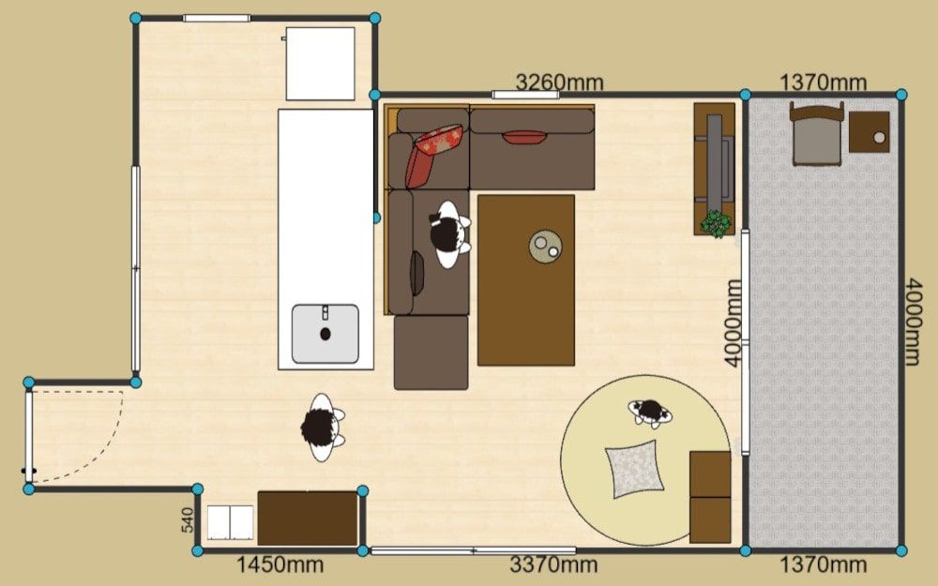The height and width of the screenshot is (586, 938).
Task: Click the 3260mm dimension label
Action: [x=559, y=82]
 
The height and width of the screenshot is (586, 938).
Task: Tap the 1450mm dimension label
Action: [x=280, y=563]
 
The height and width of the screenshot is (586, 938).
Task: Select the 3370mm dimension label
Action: [x=553, y=563]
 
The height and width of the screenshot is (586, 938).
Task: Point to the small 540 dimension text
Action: [x=188, y=519]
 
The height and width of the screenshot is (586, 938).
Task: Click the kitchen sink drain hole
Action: [x=325, y=334]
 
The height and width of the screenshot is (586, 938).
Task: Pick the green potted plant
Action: [x=716, y=224]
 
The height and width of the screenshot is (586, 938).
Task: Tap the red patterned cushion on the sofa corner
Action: [x=434, y=155]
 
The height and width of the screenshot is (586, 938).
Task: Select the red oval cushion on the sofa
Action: [x=524, y=138]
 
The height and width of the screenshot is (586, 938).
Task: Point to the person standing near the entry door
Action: [x=322, y=427]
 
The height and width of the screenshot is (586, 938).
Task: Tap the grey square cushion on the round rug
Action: [x=635, y=469]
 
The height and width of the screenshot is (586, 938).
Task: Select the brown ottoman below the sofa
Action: [x=431, y=353]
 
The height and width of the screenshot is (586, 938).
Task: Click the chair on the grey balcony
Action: [x=817, y=134]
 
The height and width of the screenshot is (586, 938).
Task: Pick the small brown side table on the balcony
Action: [x=870, y=132]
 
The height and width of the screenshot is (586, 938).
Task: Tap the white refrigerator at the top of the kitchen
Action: [x=320, y=64]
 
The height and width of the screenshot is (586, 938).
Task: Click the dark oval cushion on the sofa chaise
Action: [x=416, y=273]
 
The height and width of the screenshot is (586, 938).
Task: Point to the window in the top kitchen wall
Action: [x=217, y=18]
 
